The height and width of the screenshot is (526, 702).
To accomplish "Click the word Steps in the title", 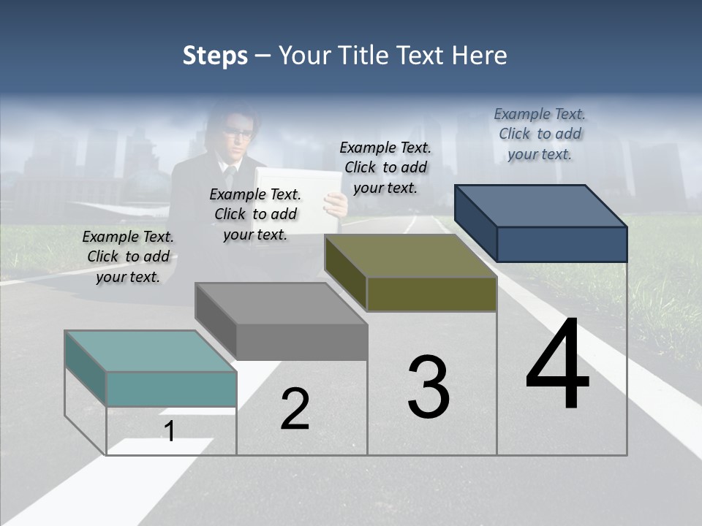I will coord(215,56).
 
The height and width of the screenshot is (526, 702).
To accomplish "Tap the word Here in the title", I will coord(479,56).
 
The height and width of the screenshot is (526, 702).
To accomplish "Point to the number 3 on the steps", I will coord(429,387).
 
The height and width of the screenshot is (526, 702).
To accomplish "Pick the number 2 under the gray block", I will coord(295,409).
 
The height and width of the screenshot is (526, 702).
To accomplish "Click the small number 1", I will coord(170,432).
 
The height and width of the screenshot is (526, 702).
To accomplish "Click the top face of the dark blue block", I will coord(541,206).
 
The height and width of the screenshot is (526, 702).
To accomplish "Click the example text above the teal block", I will coord(128,256).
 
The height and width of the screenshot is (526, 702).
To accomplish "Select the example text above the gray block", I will coord(255,214).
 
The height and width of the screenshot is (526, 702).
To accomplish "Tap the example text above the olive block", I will coord(385,167).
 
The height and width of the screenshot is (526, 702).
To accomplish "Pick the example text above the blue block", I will coord(540,134).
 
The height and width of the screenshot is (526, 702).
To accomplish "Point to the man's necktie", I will coord(230,175).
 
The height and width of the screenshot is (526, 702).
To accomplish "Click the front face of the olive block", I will coord(431,294).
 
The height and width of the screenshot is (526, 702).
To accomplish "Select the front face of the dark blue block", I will coord(562,244).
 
